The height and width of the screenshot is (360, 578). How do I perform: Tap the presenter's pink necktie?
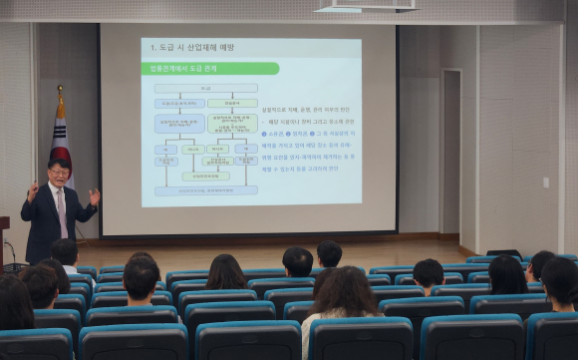(62, 210)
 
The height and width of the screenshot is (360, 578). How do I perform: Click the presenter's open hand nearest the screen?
(95, 196)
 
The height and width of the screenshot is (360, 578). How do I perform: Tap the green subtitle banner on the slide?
(209, 69)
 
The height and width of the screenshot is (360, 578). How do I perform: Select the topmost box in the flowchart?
(205, 88)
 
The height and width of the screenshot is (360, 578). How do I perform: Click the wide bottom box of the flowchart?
(205, 190)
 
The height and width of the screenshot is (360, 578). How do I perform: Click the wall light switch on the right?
(545, 182)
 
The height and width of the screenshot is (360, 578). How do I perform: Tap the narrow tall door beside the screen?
(450, 150)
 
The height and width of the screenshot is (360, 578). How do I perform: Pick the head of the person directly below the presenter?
(65, 251)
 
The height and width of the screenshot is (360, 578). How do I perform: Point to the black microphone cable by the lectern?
(13, 255)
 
